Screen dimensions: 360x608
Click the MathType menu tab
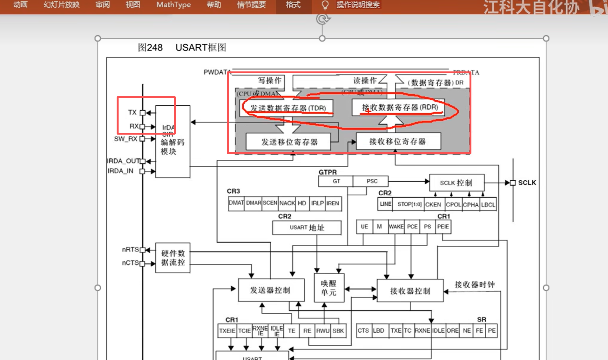(x=173, y=5)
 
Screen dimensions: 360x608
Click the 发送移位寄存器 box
(x=289, y=142)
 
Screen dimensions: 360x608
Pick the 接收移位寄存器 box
(x=398, y=142)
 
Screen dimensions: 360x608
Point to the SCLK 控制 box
(x=456, y=183)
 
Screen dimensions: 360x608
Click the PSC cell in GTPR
(x=371, y=181)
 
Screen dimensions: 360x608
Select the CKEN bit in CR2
(x=433, y=204)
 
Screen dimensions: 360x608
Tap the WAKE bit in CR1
(x=396, y=227)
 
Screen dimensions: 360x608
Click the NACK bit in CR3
(x=287, y=203)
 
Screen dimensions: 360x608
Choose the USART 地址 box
(x=307, y=228)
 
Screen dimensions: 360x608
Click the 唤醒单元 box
(x=328, y=288)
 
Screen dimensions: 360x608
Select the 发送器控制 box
(x=270, y=290)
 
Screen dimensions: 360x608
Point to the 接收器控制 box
(x=410, y=291)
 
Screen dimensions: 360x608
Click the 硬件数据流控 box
(x=173, y=258)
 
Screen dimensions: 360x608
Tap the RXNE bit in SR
(x=422, y=331)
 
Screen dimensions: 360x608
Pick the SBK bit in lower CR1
(x=338, y=331)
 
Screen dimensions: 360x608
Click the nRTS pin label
(x=130, y=250)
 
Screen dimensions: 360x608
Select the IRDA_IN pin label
(x=120, y=171)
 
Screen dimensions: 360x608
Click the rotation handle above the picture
(x=323, y=19)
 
